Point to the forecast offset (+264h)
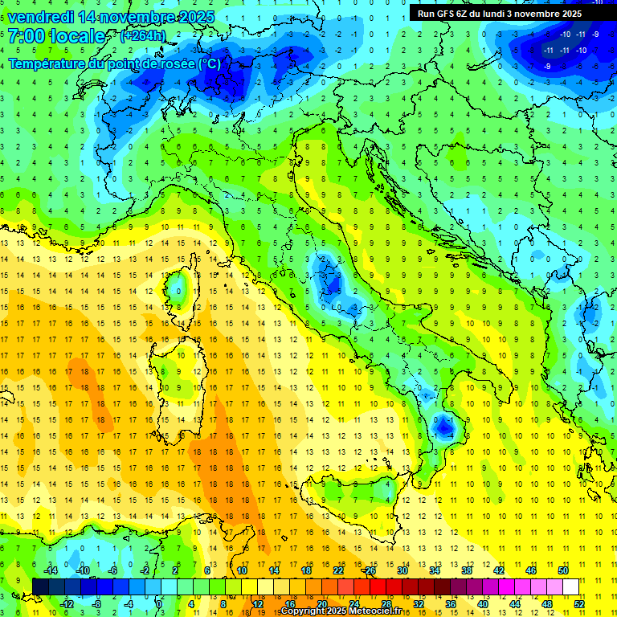click(x=143, y=36)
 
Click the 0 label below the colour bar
click(x=159, y=604)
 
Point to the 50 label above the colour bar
click(x=562, y=570)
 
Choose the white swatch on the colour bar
click(x=570, y=587)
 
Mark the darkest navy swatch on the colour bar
click(x=40, y=587)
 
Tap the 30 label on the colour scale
click(x=402, y=570)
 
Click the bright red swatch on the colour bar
click(x=378, y=587)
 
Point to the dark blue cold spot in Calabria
click(x=443, y=427)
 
